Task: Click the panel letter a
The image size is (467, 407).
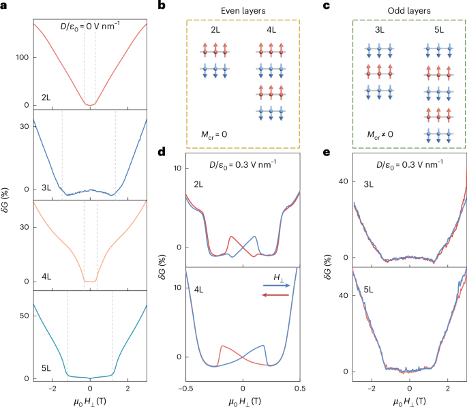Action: point(5,6)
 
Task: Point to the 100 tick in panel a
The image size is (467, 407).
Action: point(23,57)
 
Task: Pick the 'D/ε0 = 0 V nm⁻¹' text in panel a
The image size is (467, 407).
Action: point(90,27)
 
